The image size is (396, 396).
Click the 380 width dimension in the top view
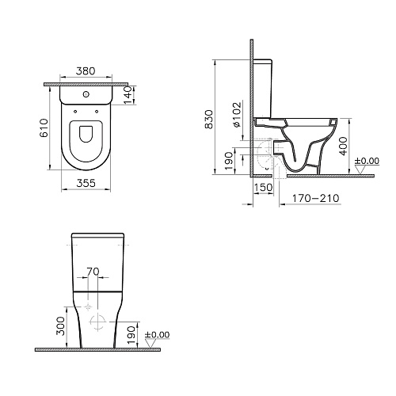coord(86,71)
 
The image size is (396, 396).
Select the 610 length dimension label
coord(44,128)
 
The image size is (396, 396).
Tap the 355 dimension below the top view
coord(86,183)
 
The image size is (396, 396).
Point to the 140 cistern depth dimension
coord(128,95)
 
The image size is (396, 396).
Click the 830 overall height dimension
coord(209,120)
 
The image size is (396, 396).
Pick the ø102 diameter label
coord(237,114)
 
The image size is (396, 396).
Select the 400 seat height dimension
coord(343,146)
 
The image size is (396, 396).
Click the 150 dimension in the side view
coord(263,188)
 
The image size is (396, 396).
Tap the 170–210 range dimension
coord(316,198)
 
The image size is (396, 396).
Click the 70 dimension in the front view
coord(93,272)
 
